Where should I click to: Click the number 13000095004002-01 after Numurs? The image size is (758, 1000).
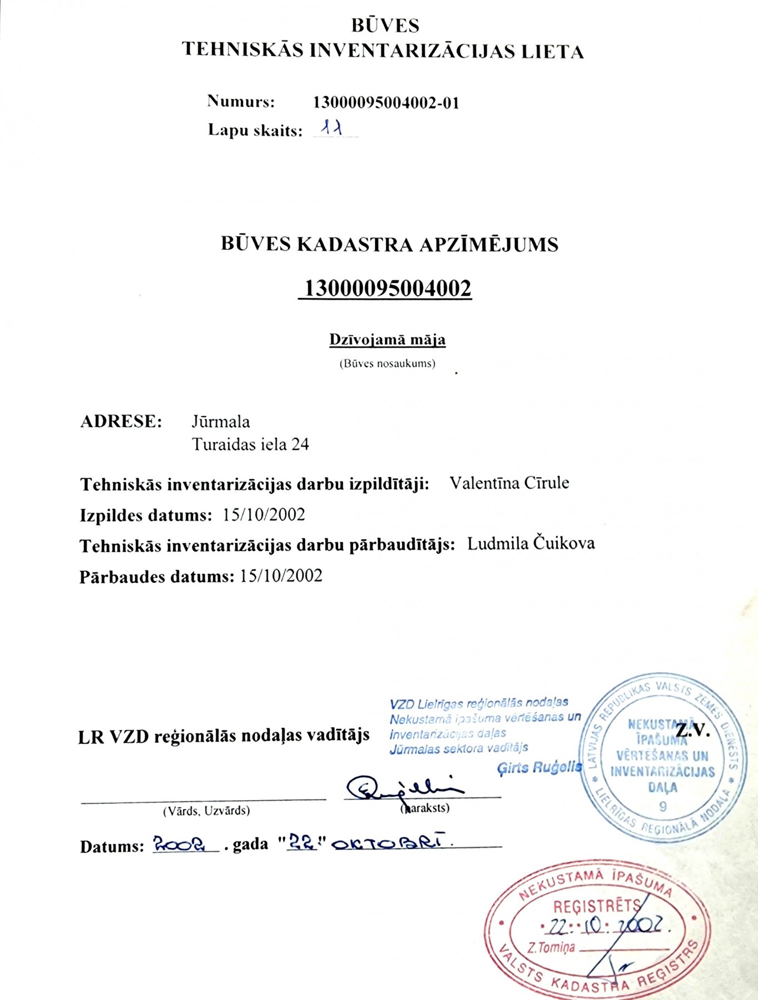click(x=387, y=103)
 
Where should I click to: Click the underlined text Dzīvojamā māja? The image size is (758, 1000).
click(x=387, y=339)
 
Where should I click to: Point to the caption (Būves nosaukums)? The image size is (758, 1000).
click(x=387, y=364)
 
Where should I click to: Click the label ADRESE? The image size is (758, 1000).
click(x=121, y=421)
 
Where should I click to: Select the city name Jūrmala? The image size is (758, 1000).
click(x=221, y=422)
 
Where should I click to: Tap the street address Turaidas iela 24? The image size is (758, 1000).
click(x=250, y=444)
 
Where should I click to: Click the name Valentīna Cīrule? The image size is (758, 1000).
click(x=509, y=483)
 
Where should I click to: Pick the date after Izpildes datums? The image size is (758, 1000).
click(x=264, y=515)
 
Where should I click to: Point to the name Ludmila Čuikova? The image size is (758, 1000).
click(x=531, y=543)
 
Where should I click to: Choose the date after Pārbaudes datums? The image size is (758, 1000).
click(x=281, y=576)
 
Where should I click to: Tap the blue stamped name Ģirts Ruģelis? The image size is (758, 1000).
click(x=539, y=768)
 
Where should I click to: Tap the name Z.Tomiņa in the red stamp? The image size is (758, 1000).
click(x=551, y=948)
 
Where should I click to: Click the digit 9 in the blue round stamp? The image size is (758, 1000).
click(x=662, y=806)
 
